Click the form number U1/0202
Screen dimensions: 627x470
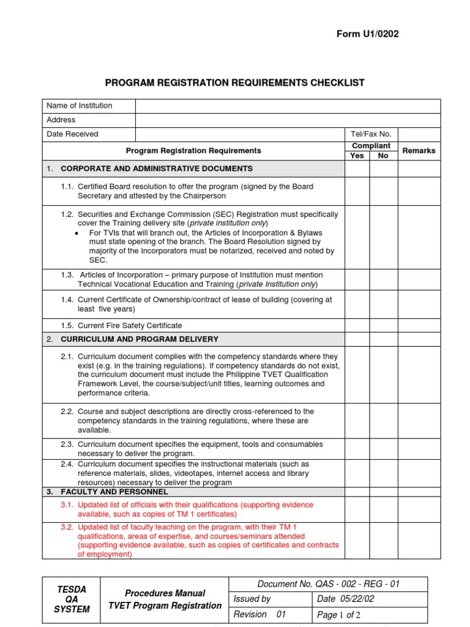click(x=367, y=34)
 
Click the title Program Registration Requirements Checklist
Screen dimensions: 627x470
click(x=234, y=83)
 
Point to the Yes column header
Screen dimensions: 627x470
click(x=357, y=156)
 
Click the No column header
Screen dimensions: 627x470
click(x=384, y=156)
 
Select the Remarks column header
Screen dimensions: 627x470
click(x=419, y=151)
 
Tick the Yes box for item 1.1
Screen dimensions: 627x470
click(x=357, y=191)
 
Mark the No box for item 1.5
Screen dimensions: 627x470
click(x=384, y=326)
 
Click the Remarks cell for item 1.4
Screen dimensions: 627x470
click(x=419, y=304)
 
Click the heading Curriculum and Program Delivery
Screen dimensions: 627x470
click(x=140, y=339)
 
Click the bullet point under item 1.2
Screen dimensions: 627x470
click(x=76, y=233)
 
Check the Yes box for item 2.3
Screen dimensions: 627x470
click(x=357, y=449)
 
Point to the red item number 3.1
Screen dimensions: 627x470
click(x=67, y=505)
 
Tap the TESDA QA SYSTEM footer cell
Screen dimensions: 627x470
click(x=71, y=599)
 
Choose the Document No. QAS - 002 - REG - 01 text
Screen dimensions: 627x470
click(x=328, y=584)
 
